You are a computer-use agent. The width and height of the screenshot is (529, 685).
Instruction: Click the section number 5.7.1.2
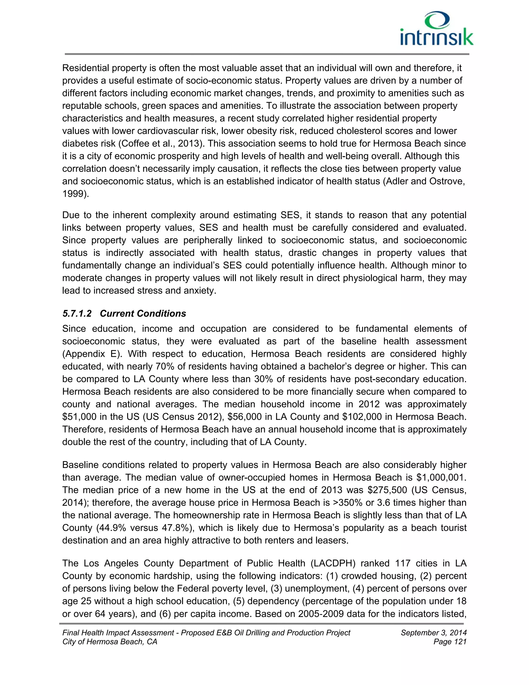77,314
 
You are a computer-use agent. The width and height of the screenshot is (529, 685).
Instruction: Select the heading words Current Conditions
143,314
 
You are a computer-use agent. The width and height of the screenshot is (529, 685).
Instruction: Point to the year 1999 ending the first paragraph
74,194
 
